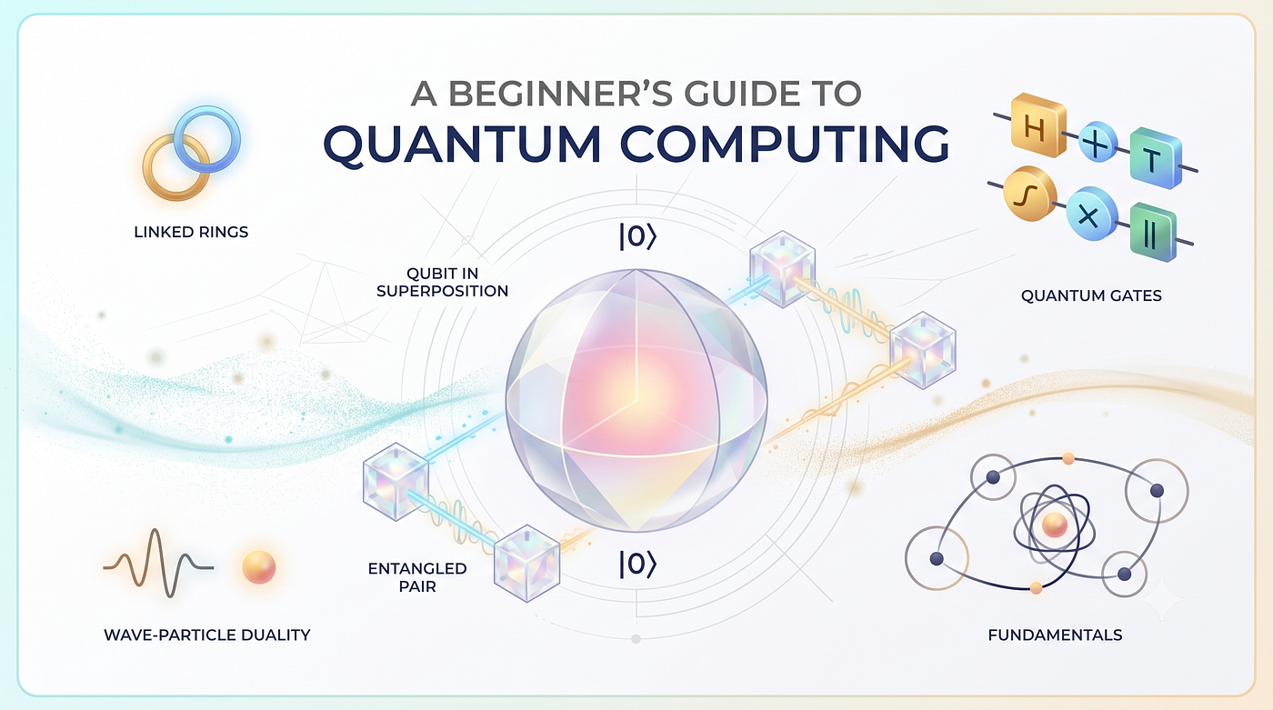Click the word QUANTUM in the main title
point(462,144)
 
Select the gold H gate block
point(1037,125)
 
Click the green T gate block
point(1156,157)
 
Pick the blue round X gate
point(1090,215)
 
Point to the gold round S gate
point(1029,195)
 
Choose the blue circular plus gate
point(1098,142)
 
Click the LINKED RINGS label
point(191,232)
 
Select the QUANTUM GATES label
point(1091,295)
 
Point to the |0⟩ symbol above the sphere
point(637,236)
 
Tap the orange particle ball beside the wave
point(259,567)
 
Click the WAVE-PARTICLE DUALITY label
point(207,635)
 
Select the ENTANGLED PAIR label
point(417,577)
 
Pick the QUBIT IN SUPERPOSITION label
point(442,283)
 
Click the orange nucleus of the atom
point(1054,525)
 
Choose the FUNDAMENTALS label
point(1055,635)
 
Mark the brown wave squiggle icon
point(158,564)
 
